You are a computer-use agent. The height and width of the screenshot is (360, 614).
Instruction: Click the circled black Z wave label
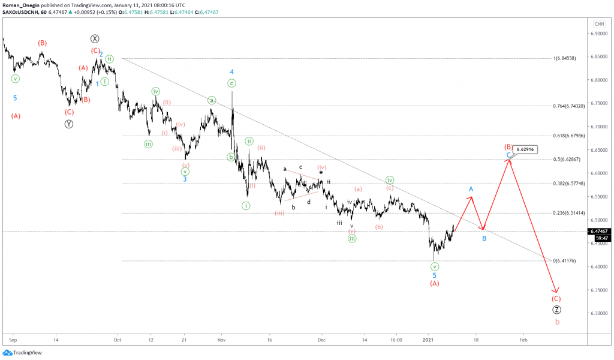[557, 310]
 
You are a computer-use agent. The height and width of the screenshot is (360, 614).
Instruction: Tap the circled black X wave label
[95, 38]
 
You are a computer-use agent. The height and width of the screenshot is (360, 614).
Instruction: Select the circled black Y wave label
[70, 124]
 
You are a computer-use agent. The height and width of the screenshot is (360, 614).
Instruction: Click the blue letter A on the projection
[471, 189]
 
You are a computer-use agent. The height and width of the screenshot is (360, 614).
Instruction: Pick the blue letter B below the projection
[484, 238]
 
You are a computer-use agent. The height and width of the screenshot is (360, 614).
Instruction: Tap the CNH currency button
[598, 23]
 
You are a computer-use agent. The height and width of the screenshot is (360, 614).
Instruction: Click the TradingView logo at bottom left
[23, 353]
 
